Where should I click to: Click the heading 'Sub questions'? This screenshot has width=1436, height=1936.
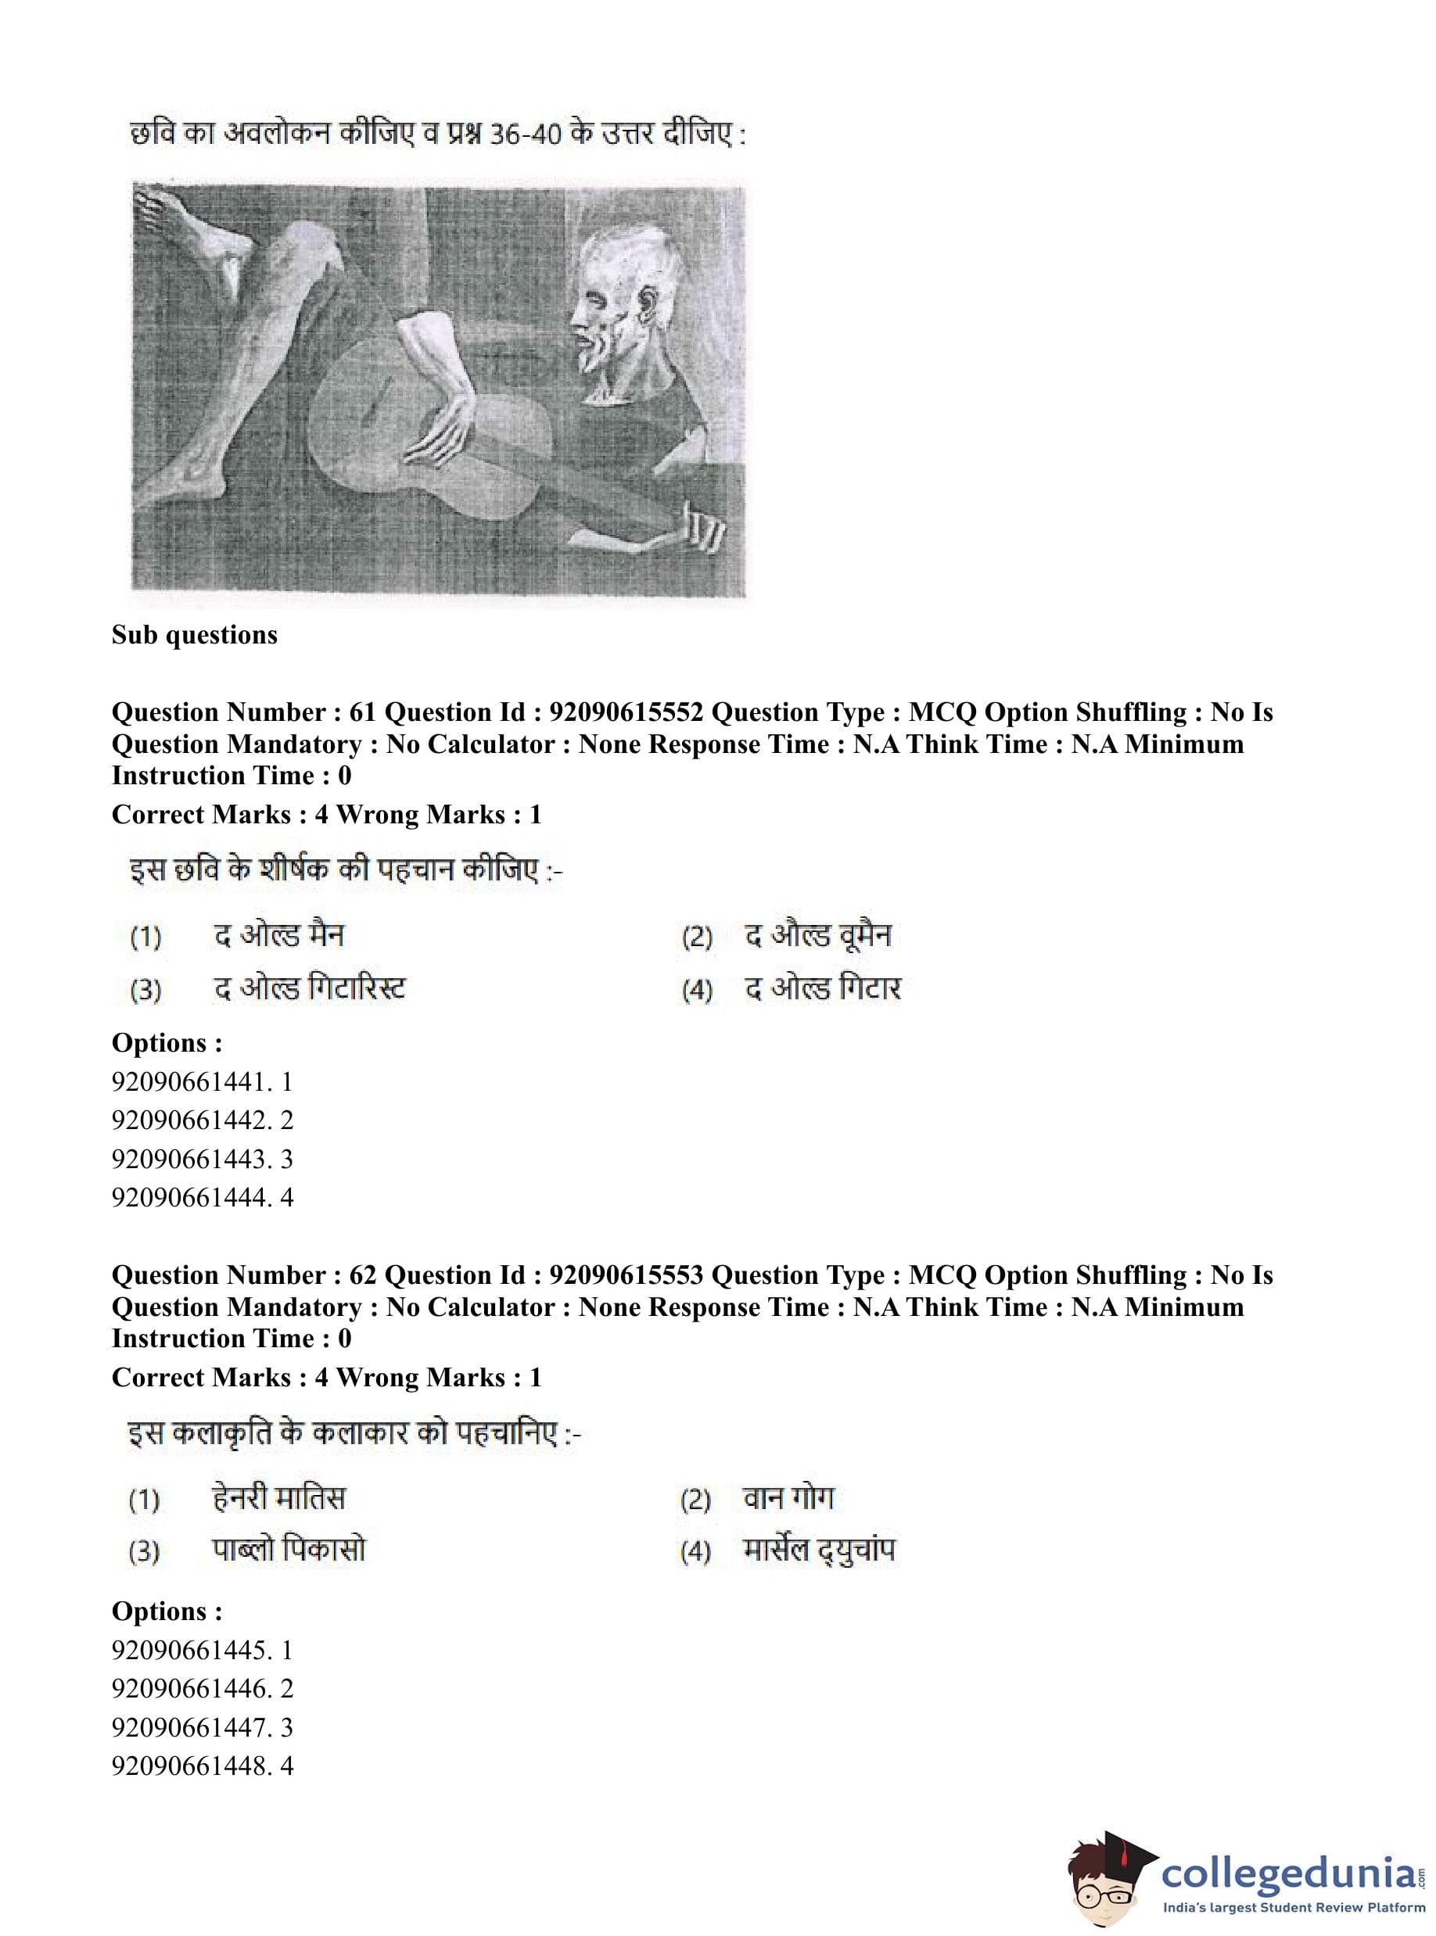coord(195,635)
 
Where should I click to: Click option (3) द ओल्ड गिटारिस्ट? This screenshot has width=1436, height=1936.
coord(310,989)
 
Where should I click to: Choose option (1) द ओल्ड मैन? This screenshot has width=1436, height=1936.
coord(279,936)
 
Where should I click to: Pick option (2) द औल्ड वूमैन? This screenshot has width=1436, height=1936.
coord(818,936)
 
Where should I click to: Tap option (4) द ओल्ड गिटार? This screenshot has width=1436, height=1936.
coord(822,989)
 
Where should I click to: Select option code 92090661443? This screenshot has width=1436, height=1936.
coord(203,1158)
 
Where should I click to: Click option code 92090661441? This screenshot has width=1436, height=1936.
coord(203,1082)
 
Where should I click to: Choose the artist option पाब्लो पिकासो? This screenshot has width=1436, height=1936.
coord(289,1551)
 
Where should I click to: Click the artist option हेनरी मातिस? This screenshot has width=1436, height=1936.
coord(279,1499)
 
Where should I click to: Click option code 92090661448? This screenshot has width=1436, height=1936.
coord(203,1766)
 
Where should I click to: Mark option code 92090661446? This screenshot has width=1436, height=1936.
coord(203,1688)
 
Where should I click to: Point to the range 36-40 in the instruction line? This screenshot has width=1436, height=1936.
coord(525,135)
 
